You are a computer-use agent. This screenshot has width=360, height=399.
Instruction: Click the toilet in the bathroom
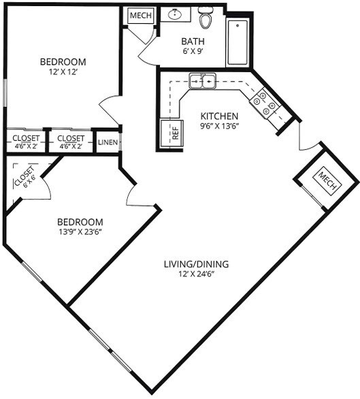206,18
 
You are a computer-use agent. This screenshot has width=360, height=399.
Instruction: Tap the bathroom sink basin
175,14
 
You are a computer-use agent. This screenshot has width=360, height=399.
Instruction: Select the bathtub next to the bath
238,42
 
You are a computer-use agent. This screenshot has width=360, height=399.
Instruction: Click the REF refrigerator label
176,133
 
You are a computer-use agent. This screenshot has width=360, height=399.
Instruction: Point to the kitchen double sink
202,81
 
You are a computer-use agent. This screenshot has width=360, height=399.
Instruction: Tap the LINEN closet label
108,142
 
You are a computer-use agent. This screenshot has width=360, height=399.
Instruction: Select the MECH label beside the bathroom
141,15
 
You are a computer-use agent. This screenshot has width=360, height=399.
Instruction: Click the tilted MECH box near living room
327,181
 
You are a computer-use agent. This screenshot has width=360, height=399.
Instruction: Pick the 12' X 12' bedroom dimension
63,72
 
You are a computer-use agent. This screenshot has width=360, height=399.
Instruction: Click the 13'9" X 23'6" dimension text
80,232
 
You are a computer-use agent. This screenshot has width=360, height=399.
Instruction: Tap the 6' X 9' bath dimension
193,51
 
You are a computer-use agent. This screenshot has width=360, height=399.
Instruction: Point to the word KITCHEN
219,116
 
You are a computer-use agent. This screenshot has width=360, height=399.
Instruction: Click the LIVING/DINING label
196,264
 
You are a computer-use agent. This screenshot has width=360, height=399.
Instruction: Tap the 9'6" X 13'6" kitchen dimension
220,126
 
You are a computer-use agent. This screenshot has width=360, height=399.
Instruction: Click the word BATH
193,42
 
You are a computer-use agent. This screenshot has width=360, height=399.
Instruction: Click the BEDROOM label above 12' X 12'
63,62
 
